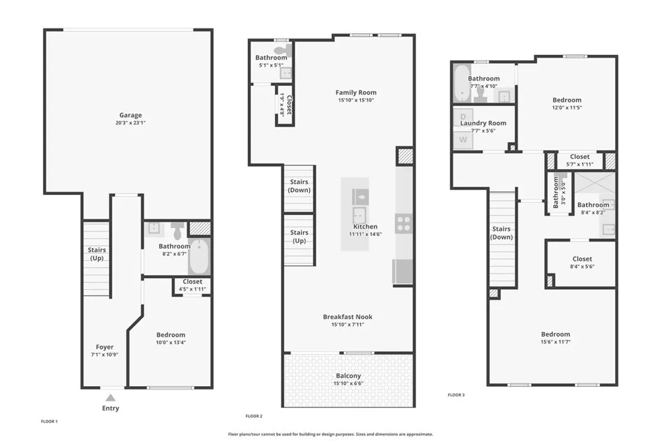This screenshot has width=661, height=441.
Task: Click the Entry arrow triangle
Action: tap(111, 398)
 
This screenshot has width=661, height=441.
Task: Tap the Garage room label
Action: tap(130, 116)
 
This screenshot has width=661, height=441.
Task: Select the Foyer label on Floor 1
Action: tap(105, 347)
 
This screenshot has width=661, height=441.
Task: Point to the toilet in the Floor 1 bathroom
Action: tap(178, 231)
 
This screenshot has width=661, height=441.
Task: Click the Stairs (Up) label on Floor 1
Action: tap(97, 254)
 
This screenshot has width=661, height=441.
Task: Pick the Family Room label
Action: tap(356, 92)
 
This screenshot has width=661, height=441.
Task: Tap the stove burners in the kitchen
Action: tap(403, 223)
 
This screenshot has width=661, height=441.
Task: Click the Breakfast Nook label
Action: tap(348, 316)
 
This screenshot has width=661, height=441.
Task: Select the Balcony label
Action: tap(348, 376)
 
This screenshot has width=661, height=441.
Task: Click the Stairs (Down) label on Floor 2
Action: tap(299, 186)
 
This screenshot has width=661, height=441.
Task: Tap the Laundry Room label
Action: tap(483, 123)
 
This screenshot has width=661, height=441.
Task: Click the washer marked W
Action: tap(463, 139)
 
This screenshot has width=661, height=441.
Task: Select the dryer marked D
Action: tap(463, 116)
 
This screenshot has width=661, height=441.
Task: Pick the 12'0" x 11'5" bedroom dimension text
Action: tap(567, 108)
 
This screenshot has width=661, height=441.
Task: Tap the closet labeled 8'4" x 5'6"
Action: tap(581, 263)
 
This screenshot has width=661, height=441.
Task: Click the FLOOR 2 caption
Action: tap(254, 416)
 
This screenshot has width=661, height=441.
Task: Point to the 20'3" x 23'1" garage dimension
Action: tap(130, 123)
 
